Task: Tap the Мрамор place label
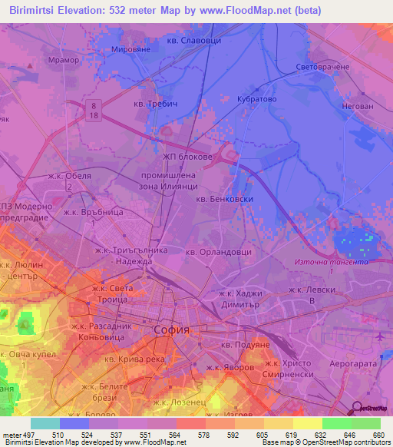[x=64, y=60]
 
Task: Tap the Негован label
[x=355, y=108]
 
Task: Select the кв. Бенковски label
[x=224, y=199]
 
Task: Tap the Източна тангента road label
[x=332, y=262]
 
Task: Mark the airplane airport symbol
[x=381, y=336]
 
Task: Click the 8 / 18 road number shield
[x=93, y=108]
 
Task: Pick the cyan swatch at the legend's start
[x=45, y=423]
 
